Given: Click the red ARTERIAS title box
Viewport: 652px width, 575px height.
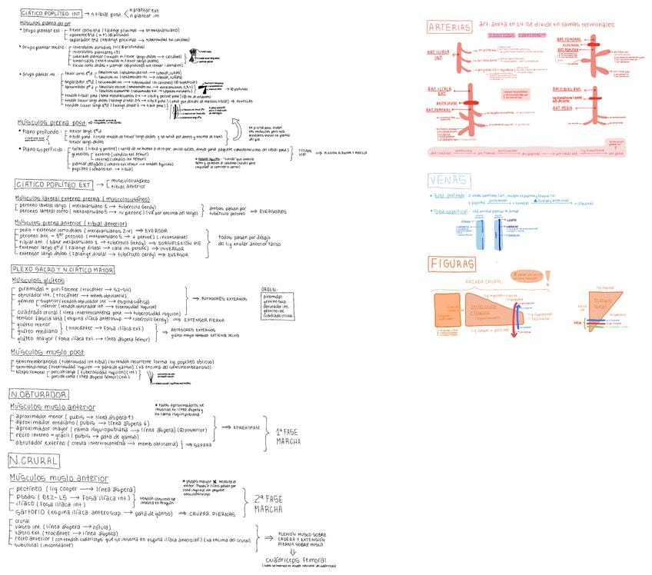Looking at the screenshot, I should pos(449,28).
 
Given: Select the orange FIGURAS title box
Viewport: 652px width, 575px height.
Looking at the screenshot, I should pos(452,264).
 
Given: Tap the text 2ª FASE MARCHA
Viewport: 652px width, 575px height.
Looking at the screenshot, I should pos(268,504).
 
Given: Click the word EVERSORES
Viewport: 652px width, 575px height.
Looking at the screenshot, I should pos(273,211).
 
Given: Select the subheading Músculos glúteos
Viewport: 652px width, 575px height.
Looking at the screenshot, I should pos(36,281).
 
